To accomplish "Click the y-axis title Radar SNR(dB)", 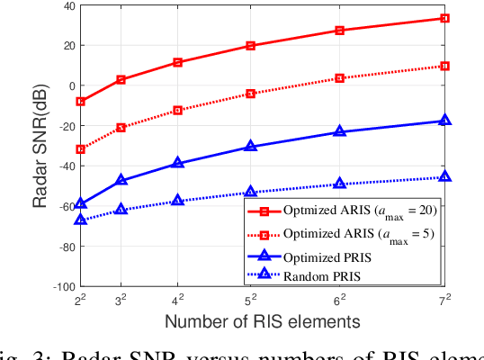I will [40, 146].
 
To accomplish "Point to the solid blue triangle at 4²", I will [178, 163].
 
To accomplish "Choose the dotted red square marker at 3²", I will [121, 128].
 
